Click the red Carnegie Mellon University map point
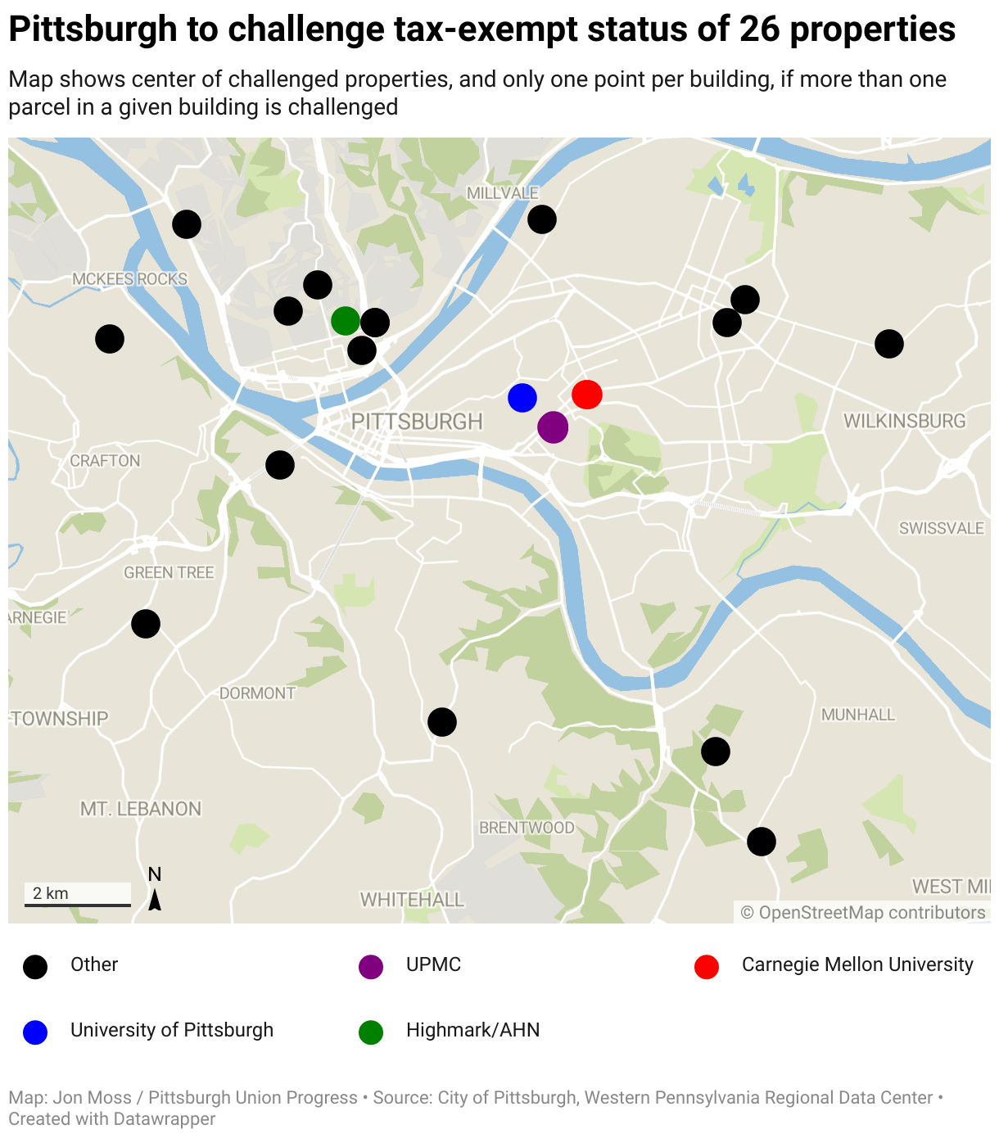[x=587, y=395]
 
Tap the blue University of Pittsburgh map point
[x=522, y=398]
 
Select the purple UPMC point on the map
[x=553, y=427]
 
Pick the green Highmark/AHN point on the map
[x=346, y=321]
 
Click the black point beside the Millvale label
[x=542, y=219]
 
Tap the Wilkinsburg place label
[x=905, y=421]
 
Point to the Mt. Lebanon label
[x=141, y=809]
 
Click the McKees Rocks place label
[x=129, y=279]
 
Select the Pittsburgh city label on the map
[x=417, y=422]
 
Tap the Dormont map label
[x=257, y=693]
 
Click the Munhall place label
[x=858, y=715]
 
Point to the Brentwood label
[x=527, y=828]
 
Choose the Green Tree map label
[x=169, y=573]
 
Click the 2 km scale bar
[x=78, y=904]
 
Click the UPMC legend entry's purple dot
[x=371, y=967]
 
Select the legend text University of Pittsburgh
[x=172, y=1030]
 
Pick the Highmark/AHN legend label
[x=472, y=1030]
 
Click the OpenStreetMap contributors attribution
[x=863, y=913]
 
